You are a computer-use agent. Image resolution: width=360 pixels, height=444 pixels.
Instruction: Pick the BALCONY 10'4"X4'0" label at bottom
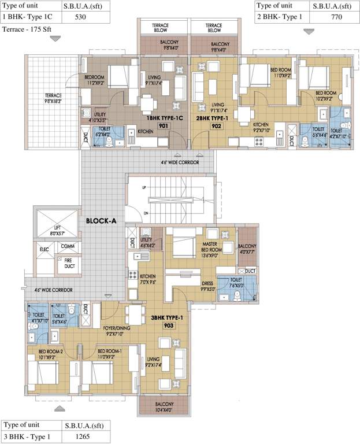tap(163, 407)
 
